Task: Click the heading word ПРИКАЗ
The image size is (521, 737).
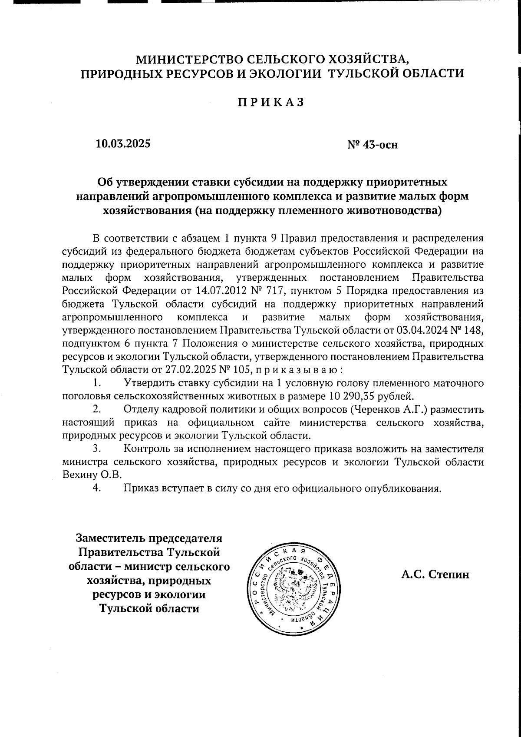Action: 270,102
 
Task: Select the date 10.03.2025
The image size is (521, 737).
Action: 123,143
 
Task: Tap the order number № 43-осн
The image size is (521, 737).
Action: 373,144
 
